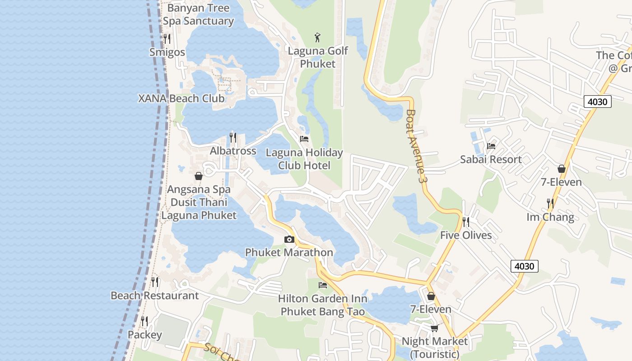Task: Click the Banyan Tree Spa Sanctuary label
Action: tap(198, 14)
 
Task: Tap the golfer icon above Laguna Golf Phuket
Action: tap(318, 37)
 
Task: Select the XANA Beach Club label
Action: tap(181, 98)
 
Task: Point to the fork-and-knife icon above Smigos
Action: tap(167, 39)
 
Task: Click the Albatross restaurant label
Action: tap(233, 151)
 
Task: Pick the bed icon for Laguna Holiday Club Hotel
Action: tap(304, 139)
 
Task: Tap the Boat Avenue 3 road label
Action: tap(416, 146)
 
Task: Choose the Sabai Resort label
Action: tap(491, 159)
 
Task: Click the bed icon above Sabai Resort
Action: tap(491, 146)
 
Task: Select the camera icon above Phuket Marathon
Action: tap(289, 239)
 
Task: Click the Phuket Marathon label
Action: tap(289, 252)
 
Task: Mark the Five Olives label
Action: tap(466, 235)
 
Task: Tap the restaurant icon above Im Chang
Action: tap(550, 204)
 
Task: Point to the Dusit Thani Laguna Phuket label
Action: tap(199, 209)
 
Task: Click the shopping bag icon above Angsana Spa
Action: tap(199, 176)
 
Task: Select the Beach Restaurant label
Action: tap(155, 296)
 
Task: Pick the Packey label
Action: tap(144, 335)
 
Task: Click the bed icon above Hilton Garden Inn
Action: tap(323, 285)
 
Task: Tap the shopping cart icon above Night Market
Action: tap(434, 328)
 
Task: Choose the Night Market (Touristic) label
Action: tap(435, 347)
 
